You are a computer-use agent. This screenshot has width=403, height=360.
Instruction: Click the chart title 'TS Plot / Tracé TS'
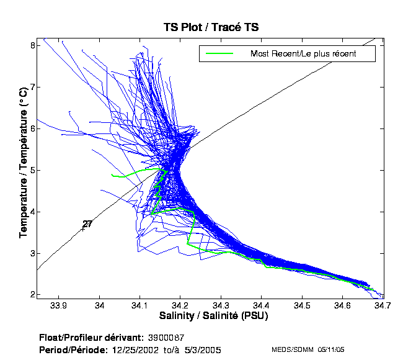(x=211, y=27)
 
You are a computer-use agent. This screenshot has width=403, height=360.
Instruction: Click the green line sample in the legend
(x=218, y=53)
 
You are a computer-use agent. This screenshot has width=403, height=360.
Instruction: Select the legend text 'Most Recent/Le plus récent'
(x=303, y=53)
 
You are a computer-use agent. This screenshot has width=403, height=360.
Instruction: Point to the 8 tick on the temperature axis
(x=32, y=46)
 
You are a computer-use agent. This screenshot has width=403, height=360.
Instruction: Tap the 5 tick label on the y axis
(x=32, y=170)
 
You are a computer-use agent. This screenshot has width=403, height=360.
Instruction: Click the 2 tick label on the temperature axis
(x=32, y=294)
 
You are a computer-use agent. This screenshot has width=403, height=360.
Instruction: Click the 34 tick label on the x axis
(x=99, y=305)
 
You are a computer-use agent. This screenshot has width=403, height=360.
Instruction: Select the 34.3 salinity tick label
(x=221, y=305)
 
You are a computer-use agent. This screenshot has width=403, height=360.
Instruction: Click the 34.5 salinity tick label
(x=302, y=305)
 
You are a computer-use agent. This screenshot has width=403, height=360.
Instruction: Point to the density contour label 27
(x=87, y=224)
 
